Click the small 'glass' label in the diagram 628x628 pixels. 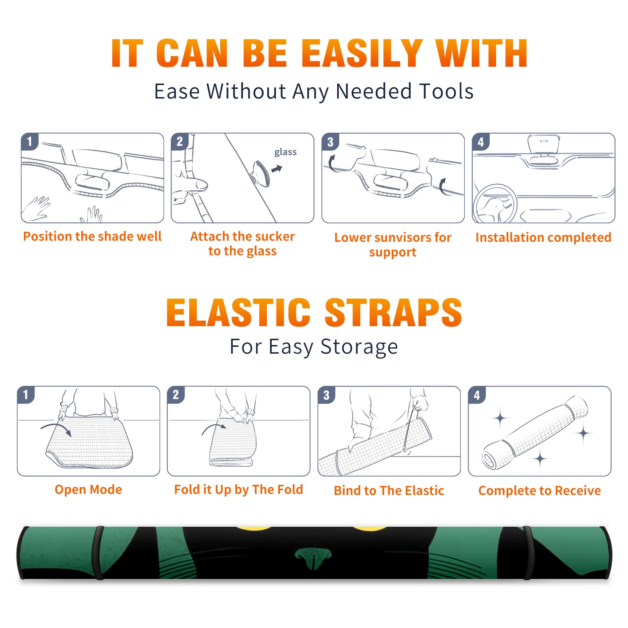coord(285,152)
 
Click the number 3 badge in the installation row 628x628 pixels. coord(330,142)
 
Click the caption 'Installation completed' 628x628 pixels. coord(543,237)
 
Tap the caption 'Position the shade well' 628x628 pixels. coord(92,236)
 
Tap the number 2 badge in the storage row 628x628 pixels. coord(176,394)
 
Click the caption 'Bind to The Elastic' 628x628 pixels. coord(389,491)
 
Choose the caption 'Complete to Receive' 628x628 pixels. coord(540,491)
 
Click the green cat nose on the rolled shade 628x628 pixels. coord(313,558)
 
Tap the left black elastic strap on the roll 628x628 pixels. coord(98,553)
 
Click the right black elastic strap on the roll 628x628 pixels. coord(529,553)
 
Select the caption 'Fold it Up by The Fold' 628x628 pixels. coord(239,489)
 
